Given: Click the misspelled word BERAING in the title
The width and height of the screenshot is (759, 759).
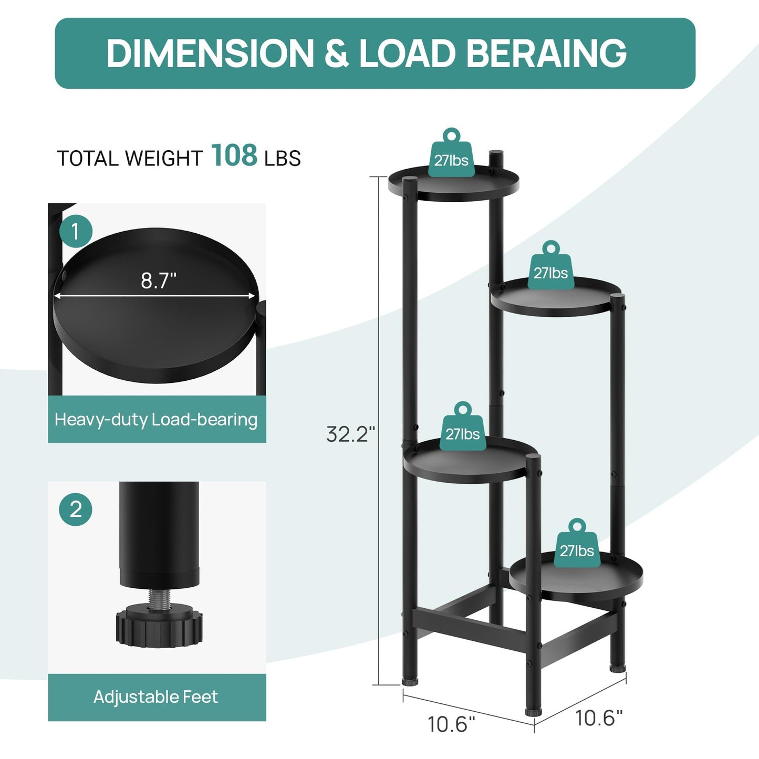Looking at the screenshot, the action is coord(547,53).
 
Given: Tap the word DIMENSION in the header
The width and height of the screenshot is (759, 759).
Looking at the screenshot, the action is coord(210,53).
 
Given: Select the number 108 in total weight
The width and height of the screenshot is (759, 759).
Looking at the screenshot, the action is coord(234,155).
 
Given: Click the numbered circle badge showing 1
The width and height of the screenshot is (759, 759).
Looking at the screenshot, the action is coord(76,231).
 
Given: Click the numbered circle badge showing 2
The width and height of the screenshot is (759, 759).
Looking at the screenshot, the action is coord(76,510).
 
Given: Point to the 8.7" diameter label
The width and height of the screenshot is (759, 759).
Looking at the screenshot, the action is coord(158,281).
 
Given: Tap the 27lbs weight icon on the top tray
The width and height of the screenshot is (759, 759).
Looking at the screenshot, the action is coord(451,152).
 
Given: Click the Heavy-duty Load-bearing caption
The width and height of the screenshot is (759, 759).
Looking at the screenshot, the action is coord(157,420).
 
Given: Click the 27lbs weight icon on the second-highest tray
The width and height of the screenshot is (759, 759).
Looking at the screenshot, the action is coord(550,265).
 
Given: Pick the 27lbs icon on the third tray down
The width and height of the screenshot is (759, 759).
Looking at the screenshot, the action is coord(462,426).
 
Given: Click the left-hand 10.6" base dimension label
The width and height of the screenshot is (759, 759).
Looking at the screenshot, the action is coord(451,724).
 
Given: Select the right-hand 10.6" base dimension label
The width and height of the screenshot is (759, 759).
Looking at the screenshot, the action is coord(599,718).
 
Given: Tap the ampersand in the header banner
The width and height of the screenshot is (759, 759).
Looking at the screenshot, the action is coord(337,53).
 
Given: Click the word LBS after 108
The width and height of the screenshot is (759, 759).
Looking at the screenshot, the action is coord(283,158).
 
